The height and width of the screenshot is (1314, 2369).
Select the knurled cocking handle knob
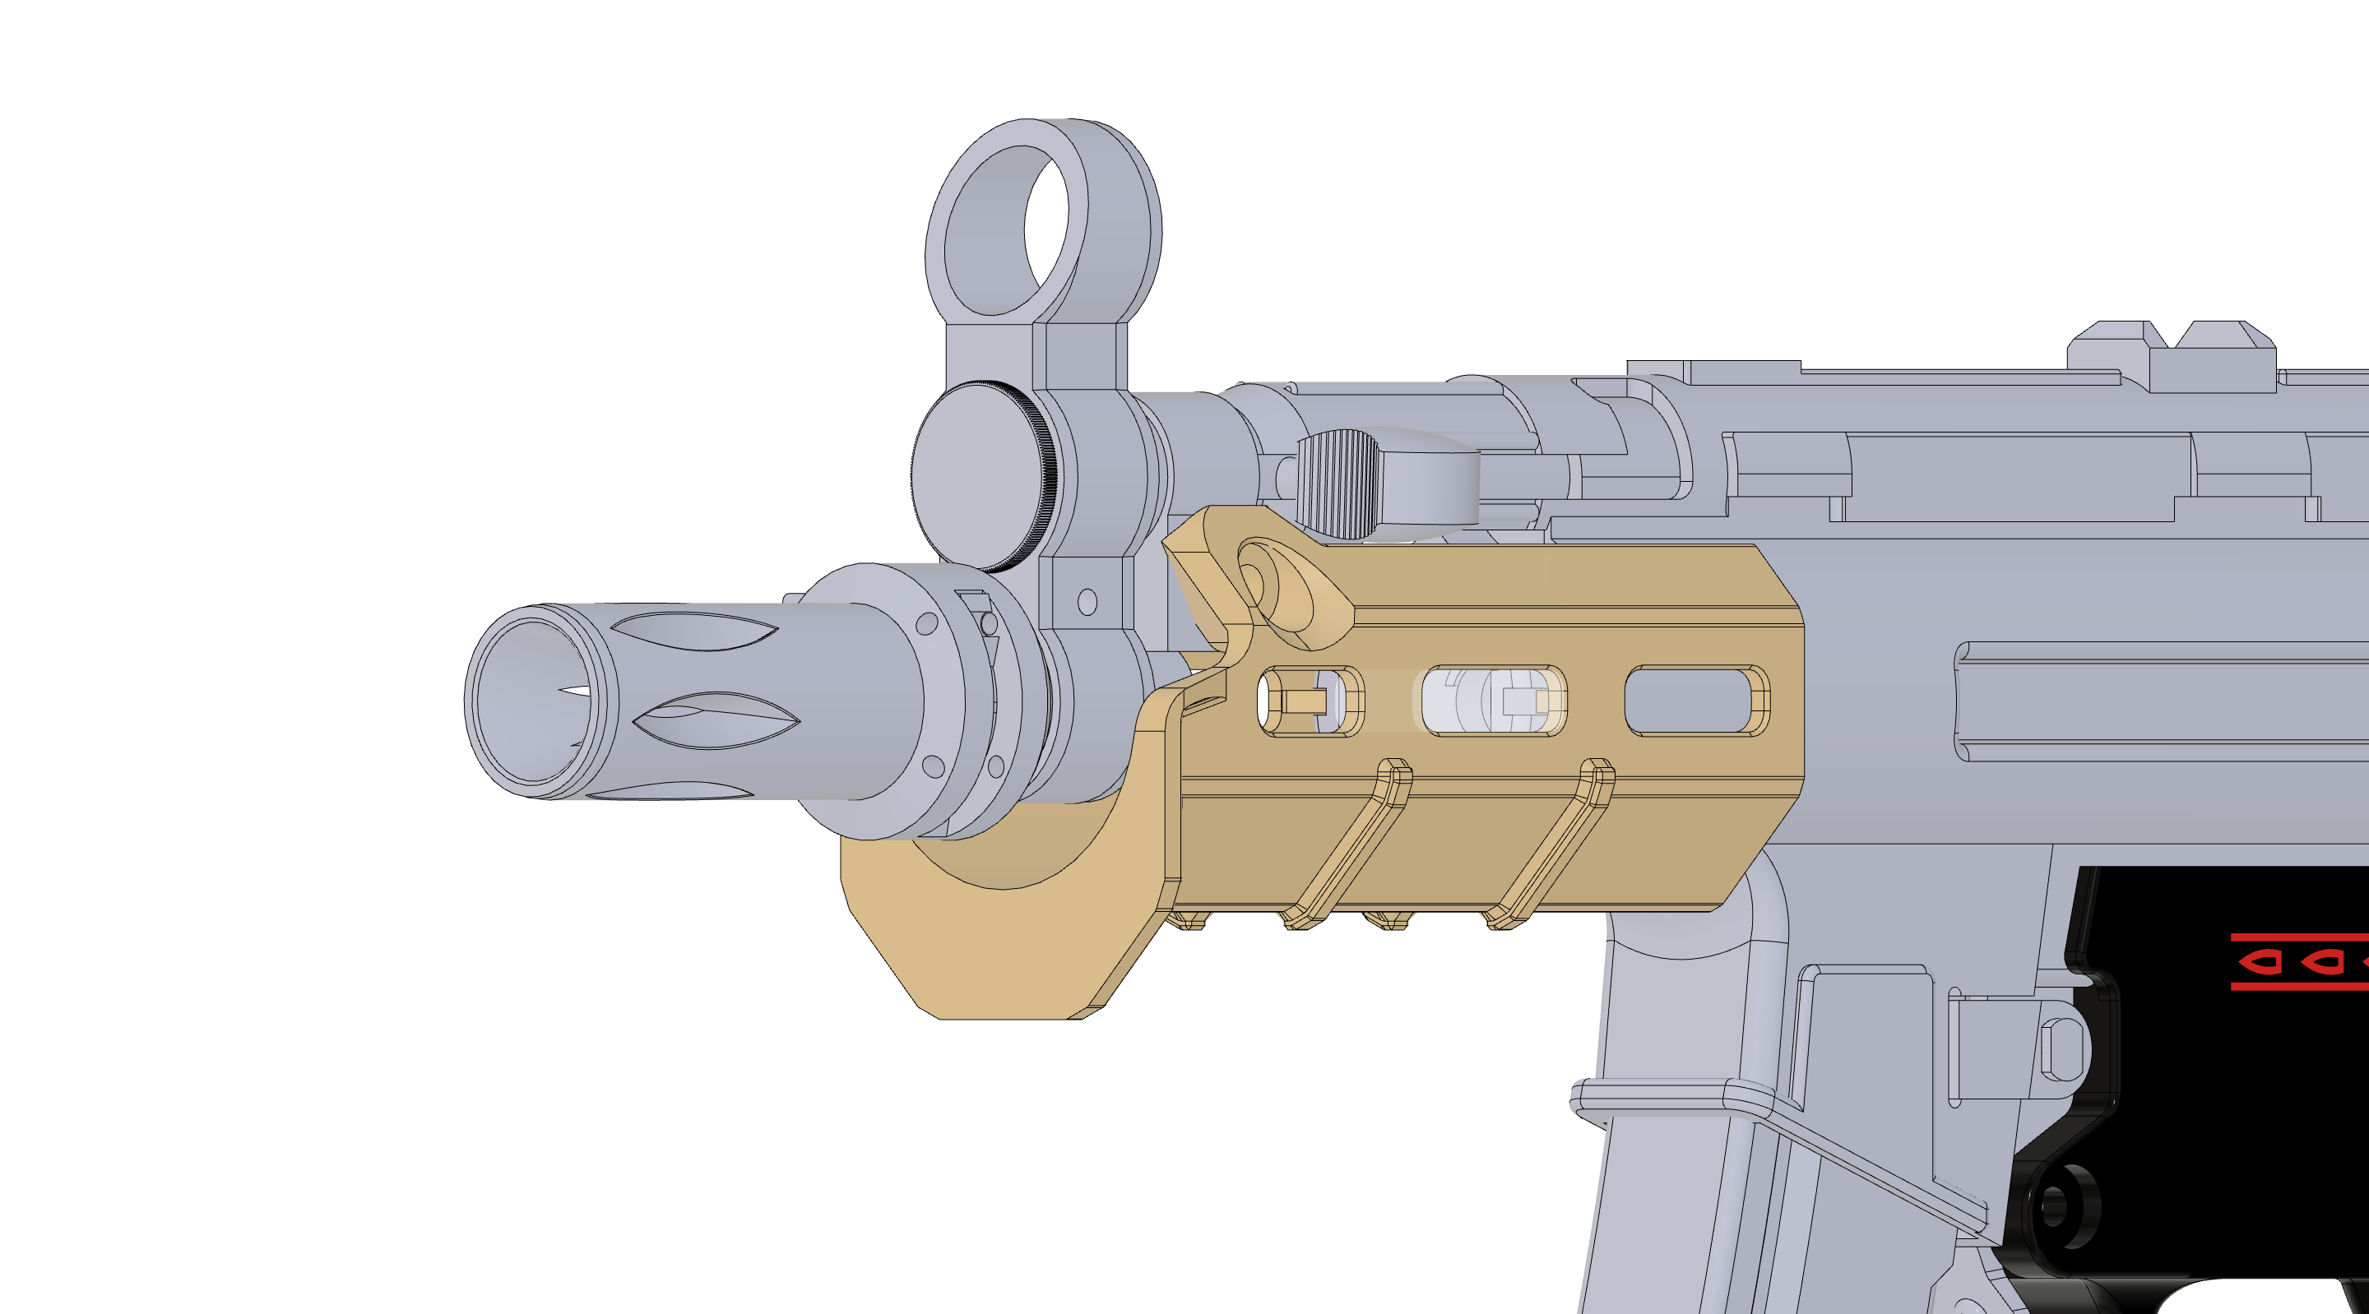1339,483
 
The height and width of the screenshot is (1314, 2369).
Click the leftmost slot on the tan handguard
1310,701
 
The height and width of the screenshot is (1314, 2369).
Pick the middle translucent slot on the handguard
1493,701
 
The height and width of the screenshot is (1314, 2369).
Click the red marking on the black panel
2299,962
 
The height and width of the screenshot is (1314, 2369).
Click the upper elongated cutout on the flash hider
694,631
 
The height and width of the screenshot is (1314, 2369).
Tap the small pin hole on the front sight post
1087,602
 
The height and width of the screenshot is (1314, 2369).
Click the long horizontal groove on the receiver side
2161,701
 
